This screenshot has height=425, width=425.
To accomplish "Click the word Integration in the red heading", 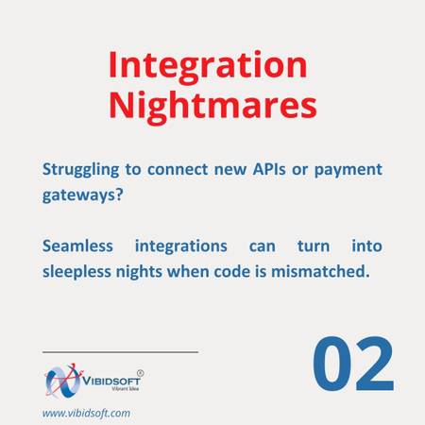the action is point(208,67).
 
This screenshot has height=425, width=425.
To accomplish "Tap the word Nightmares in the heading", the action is point(212,107).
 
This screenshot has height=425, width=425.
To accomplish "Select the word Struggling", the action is point(80,170).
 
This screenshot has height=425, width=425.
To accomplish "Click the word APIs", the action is point(269,169).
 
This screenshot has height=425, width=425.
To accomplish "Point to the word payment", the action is point(348,170).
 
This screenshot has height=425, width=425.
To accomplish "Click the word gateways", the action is point(78,195).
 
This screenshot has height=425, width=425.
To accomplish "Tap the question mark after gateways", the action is point(119,195).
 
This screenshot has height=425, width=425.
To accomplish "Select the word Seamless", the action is point(77,246).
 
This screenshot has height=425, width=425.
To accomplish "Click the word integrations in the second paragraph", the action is point(181,246).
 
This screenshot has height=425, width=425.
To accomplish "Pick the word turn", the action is point(314,246).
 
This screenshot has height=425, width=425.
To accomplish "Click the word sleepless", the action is point(76,272).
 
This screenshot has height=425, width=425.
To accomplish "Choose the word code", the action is point(232,271).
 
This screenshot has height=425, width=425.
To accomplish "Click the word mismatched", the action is point(320,271).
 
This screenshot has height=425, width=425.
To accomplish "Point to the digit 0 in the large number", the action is point(332,364).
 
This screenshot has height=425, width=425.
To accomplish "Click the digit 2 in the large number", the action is point(375,364).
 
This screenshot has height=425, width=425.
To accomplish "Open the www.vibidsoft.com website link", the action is point(86,413).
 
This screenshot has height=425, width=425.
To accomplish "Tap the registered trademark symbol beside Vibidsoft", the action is point(141,373).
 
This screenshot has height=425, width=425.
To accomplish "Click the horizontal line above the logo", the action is point(120,352).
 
